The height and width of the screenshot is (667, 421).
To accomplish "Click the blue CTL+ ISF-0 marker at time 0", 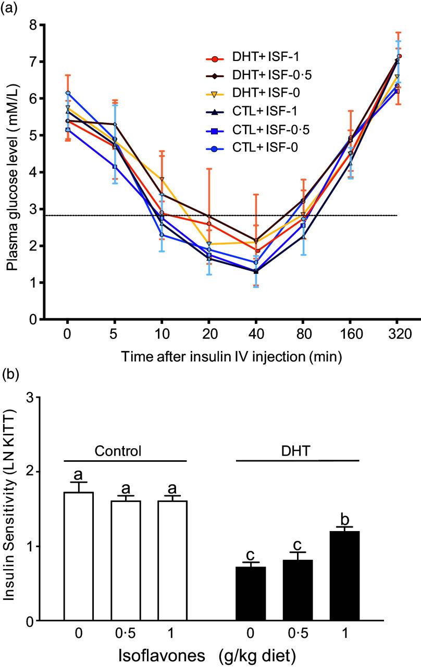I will (x=68, y=93).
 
